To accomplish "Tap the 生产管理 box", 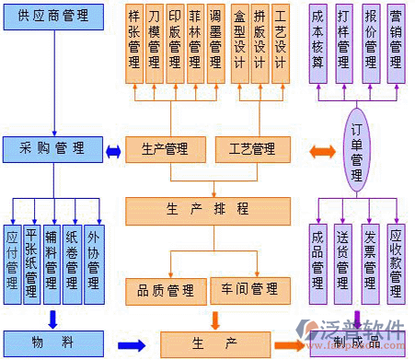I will click(x=167, y=148).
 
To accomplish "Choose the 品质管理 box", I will click(x=167, y=290).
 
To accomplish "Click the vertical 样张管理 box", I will click(x=135, y=42).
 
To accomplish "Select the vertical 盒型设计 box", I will click(x=240, y=42).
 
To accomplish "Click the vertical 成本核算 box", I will click(x=318, y=42).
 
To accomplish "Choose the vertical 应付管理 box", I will click(x=13, y=262).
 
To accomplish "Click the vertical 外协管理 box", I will click(x=94, y=262).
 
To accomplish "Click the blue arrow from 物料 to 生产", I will click(x=132, y=345).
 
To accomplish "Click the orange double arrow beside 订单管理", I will click(x=322, y=150).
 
